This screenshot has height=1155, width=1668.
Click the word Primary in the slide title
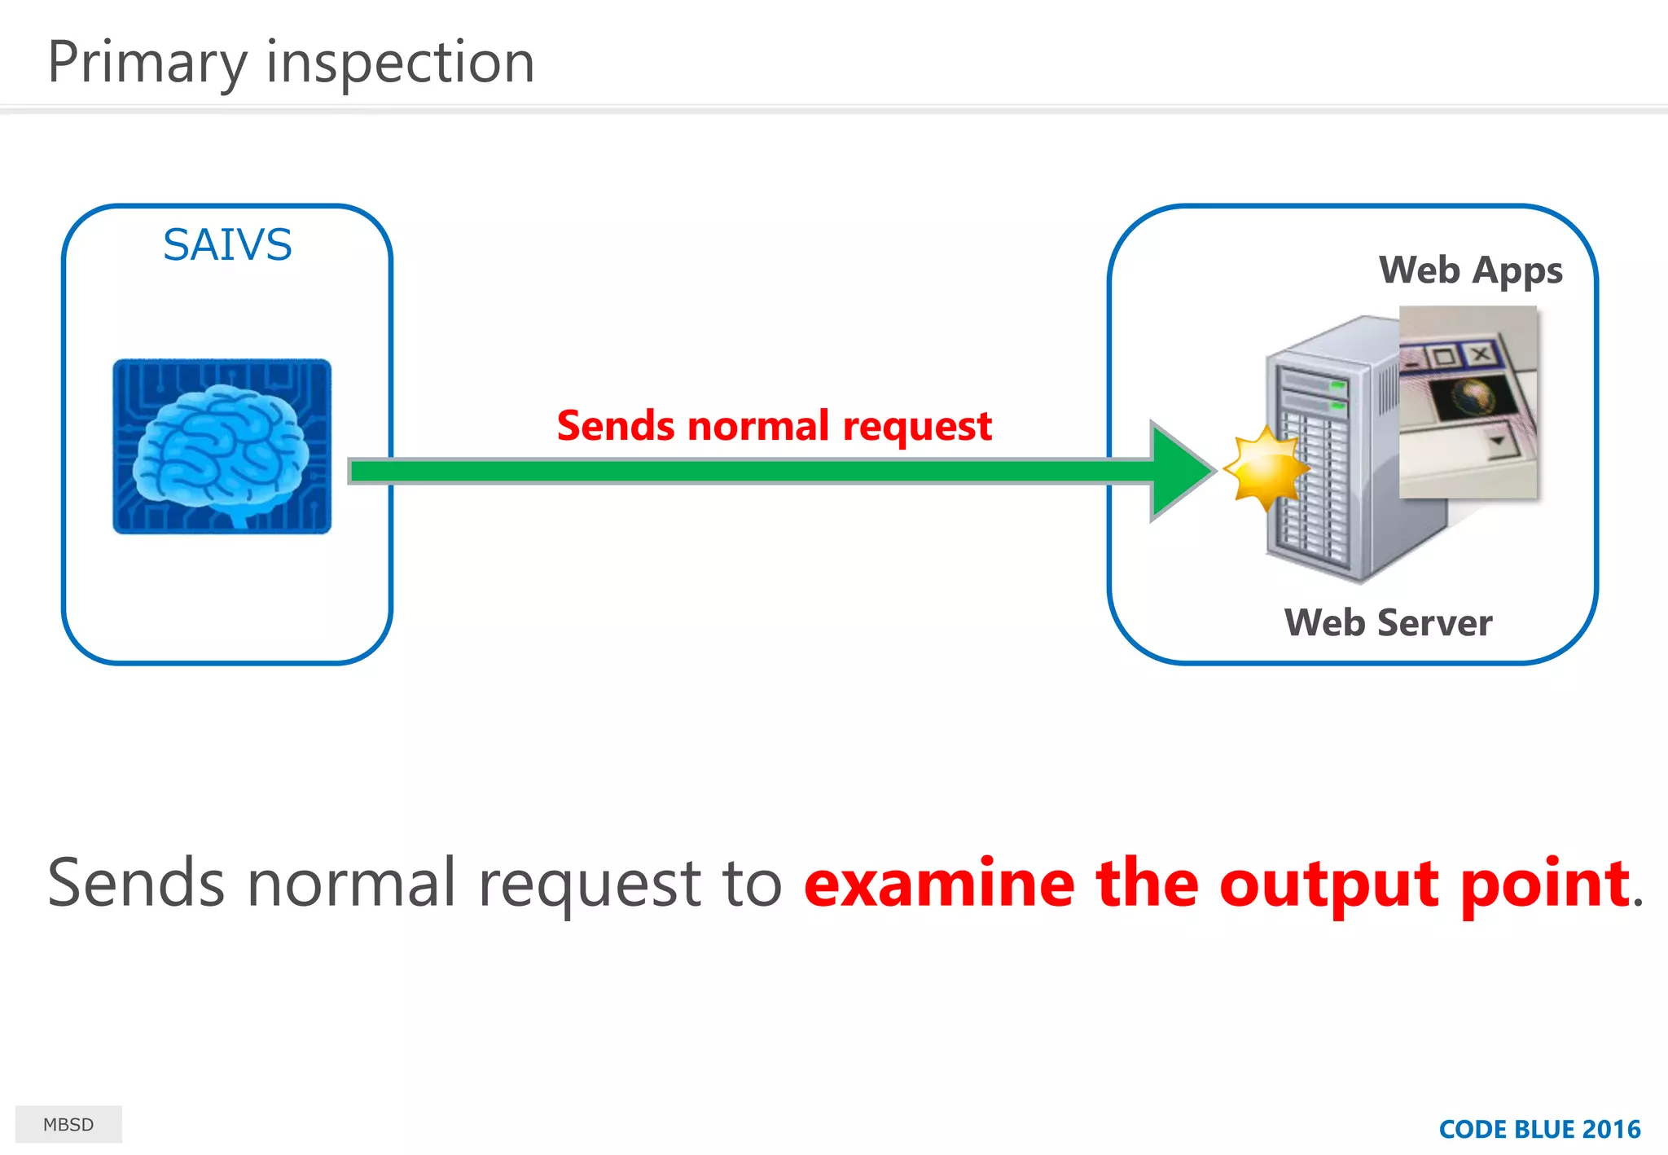pyautogui.click(x=147, y=64)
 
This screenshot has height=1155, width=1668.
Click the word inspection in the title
pyautogui.click(x=400, y=64)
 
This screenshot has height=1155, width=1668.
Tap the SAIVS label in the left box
pyautogui.click(x=227, y=244)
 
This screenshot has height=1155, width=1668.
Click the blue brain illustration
pyautogui.click(x=222, y=446)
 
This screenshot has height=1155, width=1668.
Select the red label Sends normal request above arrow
pyautogui.click(x=774, y=426)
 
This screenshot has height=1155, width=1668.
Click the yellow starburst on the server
pyautogui.click(x=1265, y=469)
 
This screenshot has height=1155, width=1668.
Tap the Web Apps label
pyautogui.click(x=1470, y=270)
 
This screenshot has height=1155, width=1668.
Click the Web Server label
pyautogui.click(x=1388, y=623)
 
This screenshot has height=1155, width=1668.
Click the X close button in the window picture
pyautogui.click(x=1481, y=354)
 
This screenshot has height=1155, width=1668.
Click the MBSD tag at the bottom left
pyautogui.click(x=68, y=1125)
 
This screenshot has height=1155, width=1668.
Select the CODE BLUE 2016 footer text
pyautogui.click(x=1539, y=1129)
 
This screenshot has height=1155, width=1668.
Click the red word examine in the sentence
pyautogui.click(x=938, y=884)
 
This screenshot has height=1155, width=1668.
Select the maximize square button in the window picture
pyautogui.click(x=1442, y=357)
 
